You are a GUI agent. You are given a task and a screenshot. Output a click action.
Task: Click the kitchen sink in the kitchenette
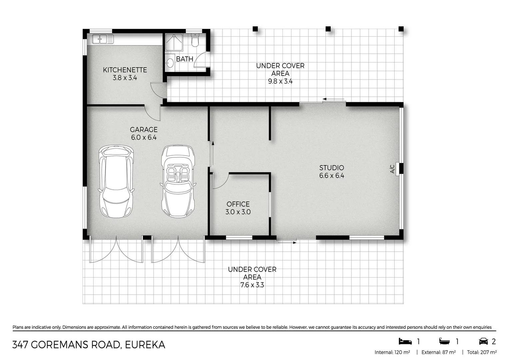(x=103, y=39)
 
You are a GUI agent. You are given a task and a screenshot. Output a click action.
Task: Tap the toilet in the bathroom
(x=195, y=41)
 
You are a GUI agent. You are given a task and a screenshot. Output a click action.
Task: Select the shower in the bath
(x=174, y=42)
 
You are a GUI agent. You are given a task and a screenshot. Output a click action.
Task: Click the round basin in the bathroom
(x=170, y=63)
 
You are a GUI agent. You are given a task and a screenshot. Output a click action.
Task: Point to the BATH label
(x=185, y=59)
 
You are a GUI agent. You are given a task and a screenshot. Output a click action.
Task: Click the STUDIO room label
(x=331, y=168)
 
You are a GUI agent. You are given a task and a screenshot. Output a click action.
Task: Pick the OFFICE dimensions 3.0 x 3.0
(x=238, y=212)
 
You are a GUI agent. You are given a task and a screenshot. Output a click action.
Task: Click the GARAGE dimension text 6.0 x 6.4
(x=144, y=137)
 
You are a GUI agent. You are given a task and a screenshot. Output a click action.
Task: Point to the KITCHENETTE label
(x=125, y=70)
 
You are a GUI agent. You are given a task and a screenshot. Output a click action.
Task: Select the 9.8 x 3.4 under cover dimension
(x=280, y=81)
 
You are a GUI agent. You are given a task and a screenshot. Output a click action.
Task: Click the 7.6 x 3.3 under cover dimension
(x=252, y=285)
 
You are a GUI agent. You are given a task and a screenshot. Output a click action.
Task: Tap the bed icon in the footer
(x=405, y=341)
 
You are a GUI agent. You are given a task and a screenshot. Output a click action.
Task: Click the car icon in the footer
(x=483, y=341)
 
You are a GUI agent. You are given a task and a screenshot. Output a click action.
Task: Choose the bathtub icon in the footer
(x=444, y=341)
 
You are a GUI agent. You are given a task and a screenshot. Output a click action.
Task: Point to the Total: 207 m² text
(x=482, y=352)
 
